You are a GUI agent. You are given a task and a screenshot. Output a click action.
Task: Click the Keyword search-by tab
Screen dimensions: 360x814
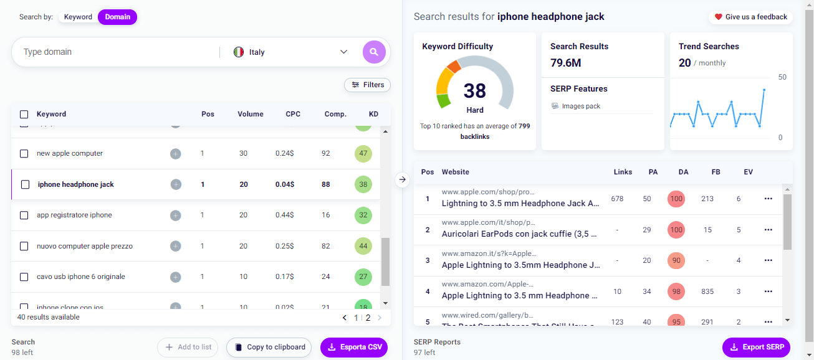[78, 17]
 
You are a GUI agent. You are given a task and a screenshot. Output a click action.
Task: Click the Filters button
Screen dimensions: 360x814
[367, 85]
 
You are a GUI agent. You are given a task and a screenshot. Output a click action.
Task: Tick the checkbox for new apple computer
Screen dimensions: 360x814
[24, 153]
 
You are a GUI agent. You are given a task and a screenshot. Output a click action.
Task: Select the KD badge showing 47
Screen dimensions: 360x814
[363, 153]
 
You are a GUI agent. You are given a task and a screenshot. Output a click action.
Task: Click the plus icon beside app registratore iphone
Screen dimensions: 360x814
[176, 215]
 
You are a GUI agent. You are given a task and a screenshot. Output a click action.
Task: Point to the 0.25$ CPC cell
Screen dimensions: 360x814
[285, 246]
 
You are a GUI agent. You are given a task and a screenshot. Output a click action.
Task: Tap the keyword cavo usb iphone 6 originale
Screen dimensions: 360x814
[81, 277]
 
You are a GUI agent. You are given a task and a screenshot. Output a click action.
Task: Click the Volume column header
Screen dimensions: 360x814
[250, 114]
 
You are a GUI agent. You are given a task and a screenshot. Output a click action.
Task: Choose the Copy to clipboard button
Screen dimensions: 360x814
[269, 347]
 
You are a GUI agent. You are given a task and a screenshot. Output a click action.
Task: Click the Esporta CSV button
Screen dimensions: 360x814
[354, 347]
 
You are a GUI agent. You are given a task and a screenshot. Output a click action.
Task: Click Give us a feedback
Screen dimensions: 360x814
[750, 17]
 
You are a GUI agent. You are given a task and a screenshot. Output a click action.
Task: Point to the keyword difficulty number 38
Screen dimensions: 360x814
[474, 91]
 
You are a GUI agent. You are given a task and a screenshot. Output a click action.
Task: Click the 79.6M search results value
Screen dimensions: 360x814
[566, 62]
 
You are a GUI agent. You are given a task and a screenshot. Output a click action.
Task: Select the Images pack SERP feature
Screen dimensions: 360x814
[580, 106]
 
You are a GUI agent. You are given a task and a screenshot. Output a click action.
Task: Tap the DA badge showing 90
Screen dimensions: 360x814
[676, 261]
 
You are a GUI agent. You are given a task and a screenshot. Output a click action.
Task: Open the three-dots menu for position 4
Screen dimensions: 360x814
[768, 291]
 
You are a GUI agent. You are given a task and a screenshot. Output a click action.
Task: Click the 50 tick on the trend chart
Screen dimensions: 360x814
[782, 77]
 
